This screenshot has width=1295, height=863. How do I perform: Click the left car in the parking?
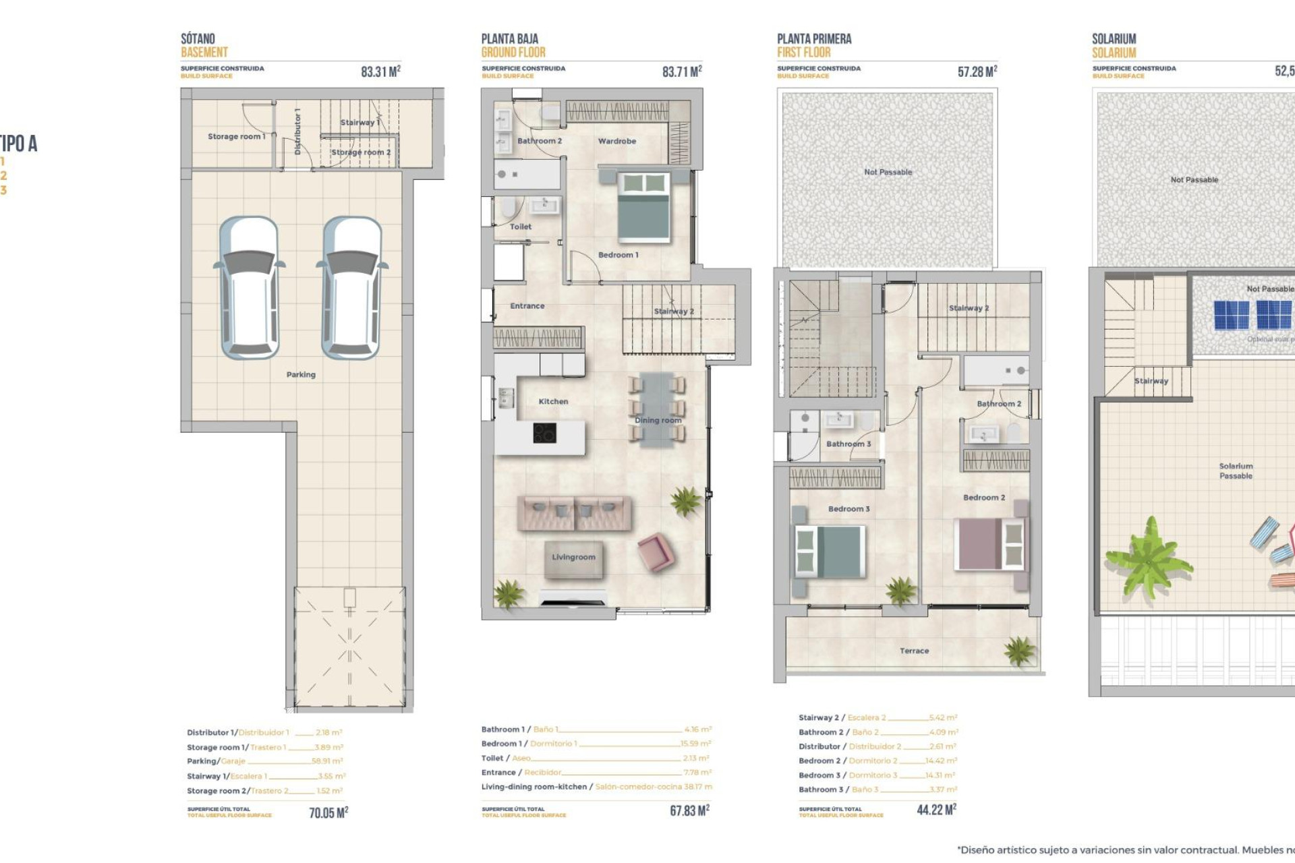tap(250, 288)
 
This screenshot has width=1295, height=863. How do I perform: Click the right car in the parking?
tap(352, 288)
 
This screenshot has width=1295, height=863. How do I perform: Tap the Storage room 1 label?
tap(236, 136)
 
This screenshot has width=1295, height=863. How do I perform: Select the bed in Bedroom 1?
tap(644, 207)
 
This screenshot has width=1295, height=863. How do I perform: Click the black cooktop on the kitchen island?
tap(544, 433)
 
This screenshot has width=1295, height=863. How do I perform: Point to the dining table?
tap(656, 410)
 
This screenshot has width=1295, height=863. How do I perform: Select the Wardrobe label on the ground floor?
tap(616, 141)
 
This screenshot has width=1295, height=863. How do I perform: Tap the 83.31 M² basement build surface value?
tap(380, 71)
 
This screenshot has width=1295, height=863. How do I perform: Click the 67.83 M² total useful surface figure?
tap(689, 810)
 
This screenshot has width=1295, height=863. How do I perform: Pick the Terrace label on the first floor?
tap(914, 651)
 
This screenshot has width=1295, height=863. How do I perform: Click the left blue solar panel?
tap(1232, 315)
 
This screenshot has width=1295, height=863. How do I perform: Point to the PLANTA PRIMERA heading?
tap(813, 39)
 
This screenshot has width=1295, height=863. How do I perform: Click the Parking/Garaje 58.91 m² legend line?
tap(264, 761)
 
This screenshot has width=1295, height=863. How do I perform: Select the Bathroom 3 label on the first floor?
tap(848, 444)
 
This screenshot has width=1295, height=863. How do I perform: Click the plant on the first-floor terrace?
tap(1018, 651)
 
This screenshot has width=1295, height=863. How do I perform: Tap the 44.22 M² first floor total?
tap(936, 810)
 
